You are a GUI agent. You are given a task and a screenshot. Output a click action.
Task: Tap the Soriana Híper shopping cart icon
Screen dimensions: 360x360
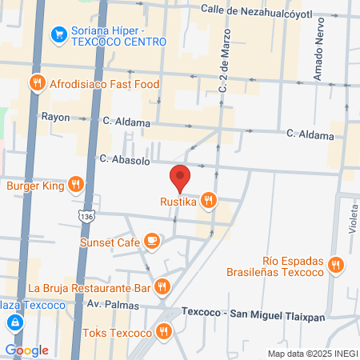58,34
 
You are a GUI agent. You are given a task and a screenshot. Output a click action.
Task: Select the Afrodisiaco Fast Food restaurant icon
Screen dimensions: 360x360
37,83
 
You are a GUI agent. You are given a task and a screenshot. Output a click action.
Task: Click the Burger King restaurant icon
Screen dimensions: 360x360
74,186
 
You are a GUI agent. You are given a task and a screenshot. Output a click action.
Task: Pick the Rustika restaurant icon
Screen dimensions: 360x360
208,201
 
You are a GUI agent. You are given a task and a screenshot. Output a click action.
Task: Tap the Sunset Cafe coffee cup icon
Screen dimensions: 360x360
151,241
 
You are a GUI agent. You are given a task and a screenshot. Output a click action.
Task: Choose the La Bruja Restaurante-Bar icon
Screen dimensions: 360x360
162,286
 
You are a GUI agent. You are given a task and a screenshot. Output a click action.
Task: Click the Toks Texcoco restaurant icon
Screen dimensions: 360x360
164,330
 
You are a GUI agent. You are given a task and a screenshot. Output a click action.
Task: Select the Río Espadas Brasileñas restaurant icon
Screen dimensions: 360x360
335,266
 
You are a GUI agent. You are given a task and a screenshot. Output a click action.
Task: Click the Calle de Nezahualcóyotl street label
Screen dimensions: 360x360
244,9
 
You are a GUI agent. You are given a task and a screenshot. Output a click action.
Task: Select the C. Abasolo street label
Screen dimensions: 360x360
121,158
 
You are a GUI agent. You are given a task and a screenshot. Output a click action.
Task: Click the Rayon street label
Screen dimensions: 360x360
55,116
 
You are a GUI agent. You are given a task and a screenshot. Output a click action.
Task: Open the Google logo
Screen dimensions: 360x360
26,350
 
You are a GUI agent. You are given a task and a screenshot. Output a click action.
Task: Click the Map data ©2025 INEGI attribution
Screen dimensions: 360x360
312,353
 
